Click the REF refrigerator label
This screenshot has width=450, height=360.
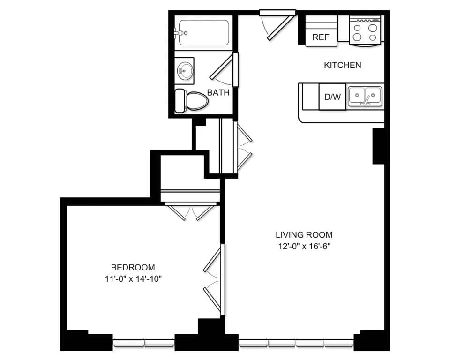(x=321, y=37)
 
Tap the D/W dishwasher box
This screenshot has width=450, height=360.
(x=332, y=97)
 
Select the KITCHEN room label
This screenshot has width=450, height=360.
(x=343, y=65)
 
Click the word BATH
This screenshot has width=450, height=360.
(x=218, y=93)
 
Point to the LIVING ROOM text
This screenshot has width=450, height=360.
(x=304, y=235)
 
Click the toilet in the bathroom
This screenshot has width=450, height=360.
(x=191, y=100)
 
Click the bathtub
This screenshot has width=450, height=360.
(x=203, y=32)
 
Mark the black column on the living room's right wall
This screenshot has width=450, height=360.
(x=379, y=146)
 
